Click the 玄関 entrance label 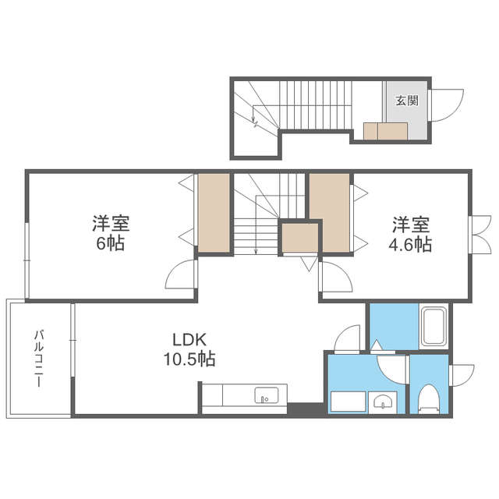[x=407, y=101]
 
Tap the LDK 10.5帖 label [x=189, y=349]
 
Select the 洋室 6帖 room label [x=111, y=233]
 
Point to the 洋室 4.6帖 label [x=411, y=234]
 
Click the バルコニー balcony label [x=39, y=359]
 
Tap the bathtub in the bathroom [x=434, y=326]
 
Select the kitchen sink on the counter [x=267, y=395]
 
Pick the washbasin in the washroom [x=382, y=402]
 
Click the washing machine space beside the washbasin [x=349, y=402]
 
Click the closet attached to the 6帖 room [x=214, y=213]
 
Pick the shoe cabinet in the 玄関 [x=386, y=131]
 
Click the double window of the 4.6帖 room [x=480, y=235]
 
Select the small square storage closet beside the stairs [x=300, y=237]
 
